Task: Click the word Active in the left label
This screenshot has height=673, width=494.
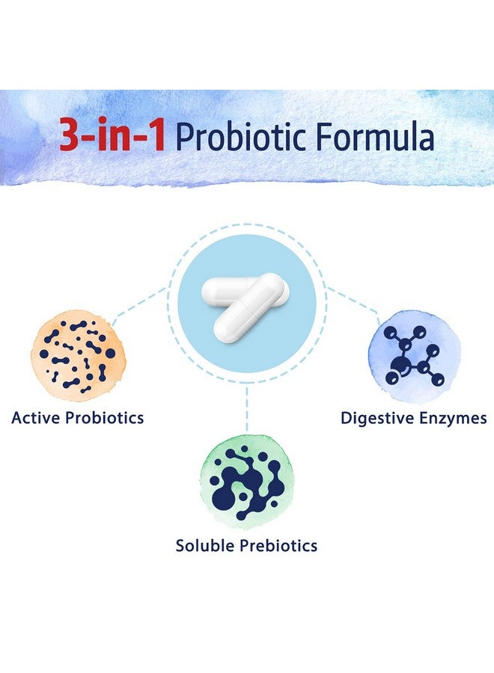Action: point(37,417)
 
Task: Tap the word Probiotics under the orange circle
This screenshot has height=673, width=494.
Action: point(106,417)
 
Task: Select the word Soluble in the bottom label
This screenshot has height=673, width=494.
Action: point(204,546)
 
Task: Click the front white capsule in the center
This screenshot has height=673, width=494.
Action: point(247,310)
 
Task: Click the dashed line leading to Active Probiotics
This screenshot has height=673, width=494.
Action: point(142,303)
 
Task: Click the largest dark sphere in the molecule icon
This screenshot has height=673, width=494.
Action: point(405,366)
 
